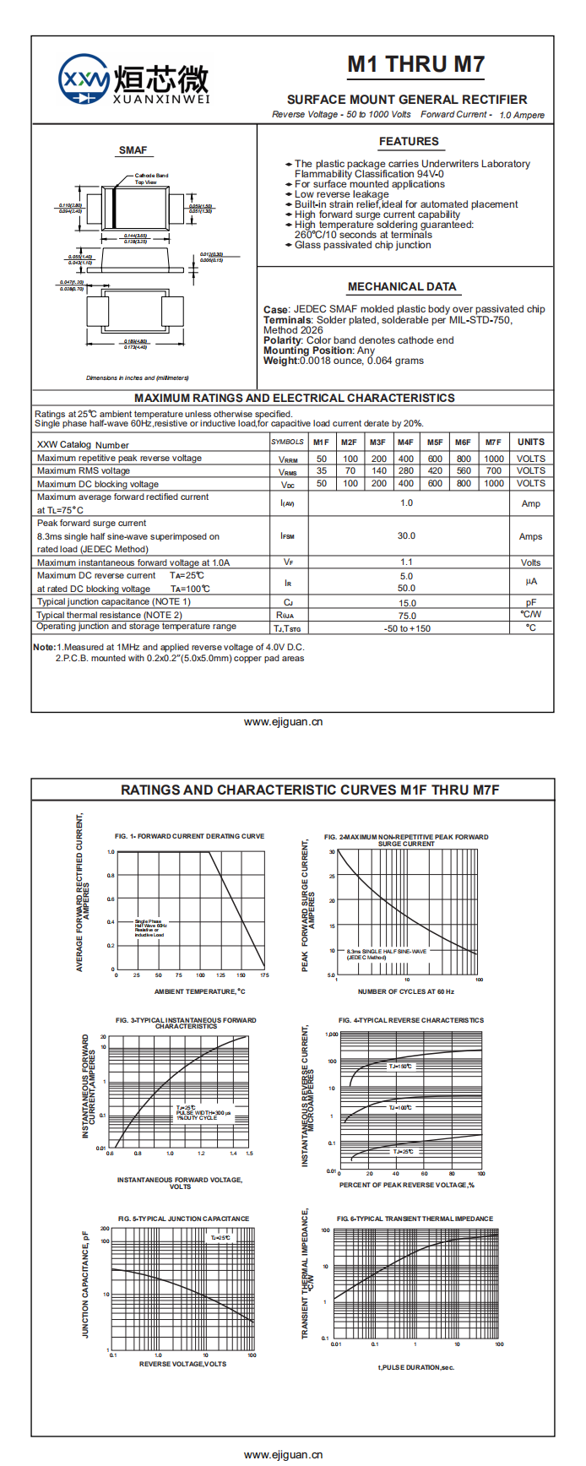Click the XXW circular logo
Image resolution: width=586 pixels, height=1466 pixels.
point(84,80)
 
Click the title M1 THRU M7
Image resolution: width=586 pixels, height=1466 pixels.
point(415,64)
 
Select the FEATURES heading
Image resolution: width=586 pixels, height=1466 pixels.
point(409,141)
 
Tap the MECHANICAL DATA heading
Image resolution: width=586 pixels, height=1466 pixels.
point(402,286)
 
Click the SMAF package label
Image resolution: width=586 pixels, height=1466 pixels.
point(133,150)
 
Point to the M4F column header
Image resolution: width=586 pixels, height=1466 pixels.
point(406,442)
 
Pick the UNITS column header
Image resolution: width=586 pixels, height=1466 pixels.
point(531,442)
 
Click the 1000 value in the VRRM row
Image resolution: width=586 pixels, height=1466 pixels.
point(494,459)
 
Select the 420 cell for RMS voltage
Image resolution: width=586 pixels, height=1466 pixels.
point(435,471)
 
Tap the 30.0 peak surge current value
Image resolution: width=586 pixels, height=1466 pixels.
point(406,535)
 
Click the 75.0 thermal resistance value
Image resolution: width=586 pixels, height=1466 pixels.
point(407,616)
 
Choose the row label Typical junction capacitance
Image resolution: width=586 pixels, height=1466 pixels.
point(114,602)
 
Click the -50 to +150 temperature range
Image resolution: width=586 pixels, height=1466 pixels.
point(407,628)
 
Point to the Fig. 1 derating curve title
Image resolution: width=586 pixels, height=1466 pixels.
point(190,836)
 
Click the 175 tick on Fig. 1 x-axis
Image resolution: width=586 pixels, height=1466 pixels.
point(264,975)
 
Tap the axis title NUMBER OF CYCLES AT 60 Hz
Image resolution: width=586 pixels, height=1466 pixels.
point(406,991)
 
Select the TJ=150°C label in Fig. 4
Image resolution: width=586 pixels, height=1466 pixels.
point(400,1067)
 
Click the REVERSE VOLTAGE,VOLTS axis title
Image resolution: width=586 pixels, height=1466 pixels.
point(182,1364)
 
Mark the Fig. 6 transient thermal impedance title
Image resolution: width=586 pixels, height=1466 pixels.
point(415,1219)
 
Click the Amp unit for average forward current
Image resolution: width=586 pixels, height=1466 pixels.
point(531,503)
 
